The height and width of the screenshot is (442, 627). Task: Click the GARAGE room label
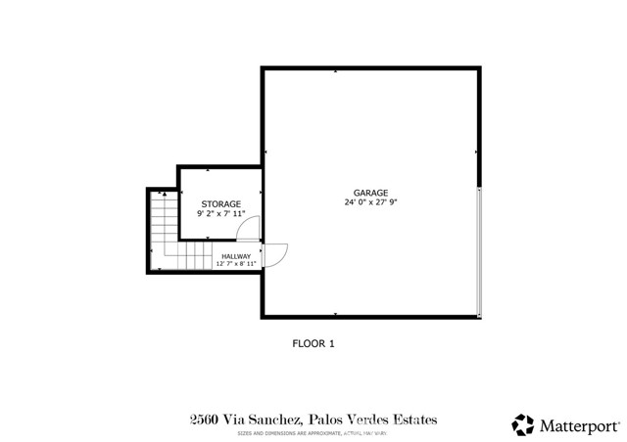click(371, 193)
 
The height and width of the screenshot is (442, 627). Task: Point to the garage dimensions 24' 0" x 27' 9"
click(371, 202)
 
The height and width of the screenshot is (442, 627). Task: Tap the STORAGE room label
click(220, 203)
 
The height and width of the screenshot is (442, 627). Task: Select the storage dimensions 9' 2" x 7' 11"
click(220, 213)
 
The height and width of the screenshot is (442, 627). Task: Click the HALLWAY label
click(235, 256)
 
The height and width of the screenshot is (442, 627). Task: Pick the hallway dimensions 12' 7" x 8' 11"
click(235, 264)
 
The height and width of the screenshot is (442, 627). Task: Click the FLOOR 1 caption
click(313, 343)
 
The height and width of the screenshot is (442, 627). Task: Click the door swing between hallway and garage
click(275, 254)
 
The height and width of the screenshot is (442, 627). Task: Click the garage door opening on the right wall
click(479, 251)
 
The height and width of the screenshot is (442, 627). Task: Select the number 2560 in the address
click(204, 420)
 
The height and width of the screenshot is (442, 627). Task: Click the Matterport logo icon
click(523, 424)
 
